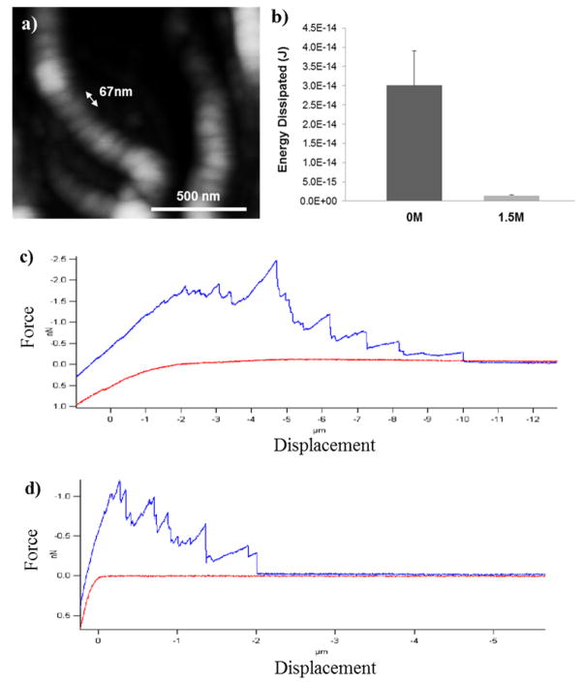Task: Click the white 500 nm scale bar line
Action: [199, 208]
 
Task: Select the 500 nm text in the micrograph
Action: [199, 196]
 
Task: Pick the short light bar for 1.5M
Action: [511, 198]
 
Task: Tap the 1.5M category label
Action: [511, 218]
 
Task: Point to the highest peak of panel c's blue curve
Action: [277, 261]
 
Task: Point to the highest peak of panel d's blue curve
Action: [119, 482]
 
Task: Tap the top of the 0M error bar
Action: [414, 51]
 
